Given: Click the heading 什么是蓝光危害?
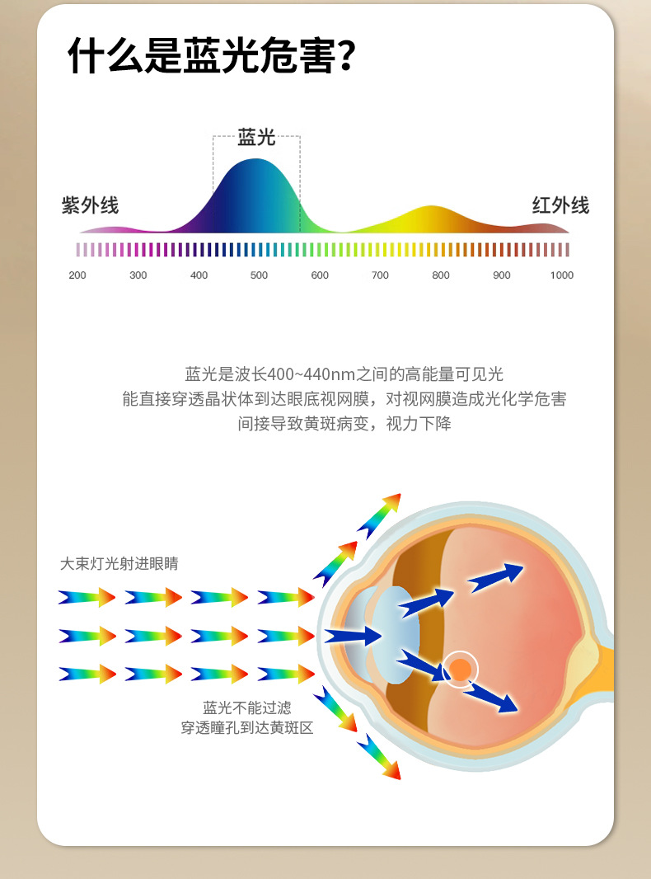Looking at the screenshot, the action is point(211,57).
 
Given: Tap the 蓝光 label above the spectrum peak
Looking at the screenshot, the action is point(256,137).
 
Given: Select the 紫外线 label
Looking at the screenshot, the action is point(90,205).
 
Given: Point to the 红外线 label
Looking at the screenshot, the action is point(560,205).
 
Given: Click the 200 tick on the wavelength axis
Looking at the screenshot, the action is point(77,275).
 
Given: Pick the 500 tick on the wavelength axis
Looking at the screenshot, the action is point(259,275).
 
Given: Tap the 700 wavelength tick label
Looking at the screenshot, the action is point(380,275).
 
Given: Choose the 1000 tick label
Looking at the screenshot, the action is point(561,275).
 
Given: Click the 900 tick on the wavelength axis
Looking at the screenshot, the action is point(501,275).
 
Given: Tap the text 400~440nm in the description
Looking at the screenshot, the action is point(302,374).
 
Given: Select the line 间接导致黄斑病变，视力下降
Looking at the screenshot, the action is point(344,424).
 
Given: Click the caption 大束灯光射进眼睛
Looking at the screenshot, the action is point(119,564).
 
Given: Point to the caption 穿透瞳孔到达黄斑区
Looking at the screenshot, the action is point(247,728).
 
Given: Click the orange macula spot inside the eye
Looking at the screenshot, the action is point(461,670).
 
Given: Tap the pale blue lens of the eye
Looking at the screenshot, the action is point(393,634).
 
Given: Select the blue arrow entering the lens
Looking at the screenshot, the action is point(352,636).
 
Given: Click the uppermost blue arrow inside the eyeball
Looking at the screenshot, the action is point(496,577).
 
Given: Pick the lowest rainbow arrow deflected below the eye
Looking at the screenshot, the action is point(379,757).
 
